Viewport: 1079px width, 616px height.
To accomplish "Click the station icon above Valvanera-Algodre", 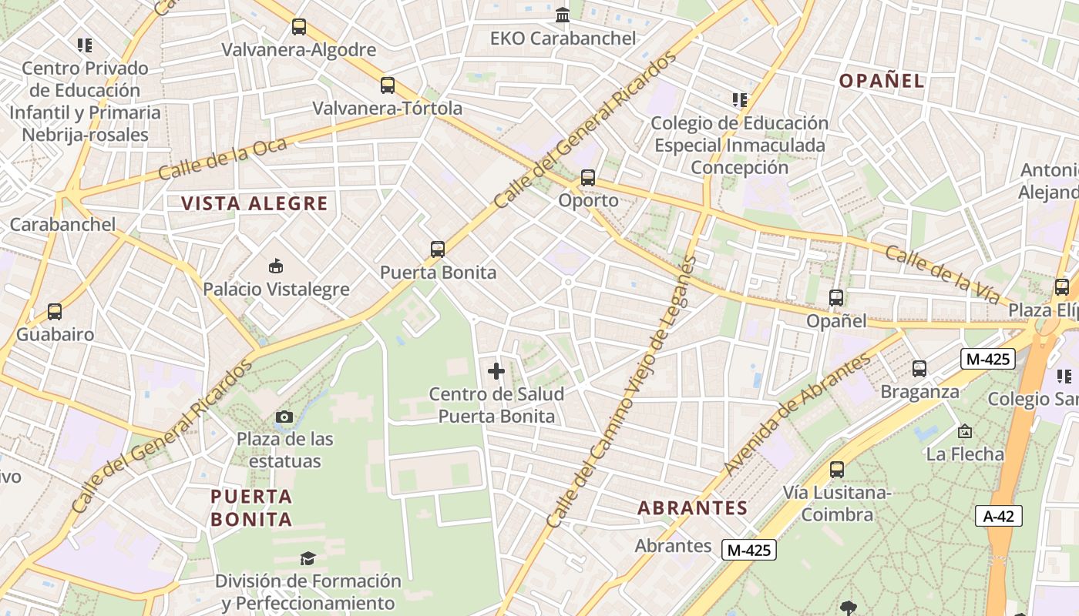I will click(x=298, y=27).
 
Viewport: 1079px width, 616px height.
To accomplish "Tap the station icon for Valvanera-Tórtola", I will click(x=388, y=85).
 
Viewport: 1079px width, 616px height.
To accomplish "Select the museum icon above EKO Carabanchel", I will click(x=563, y=15).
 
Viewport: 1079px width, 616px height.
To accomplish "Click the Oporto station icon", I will click(x=588, y=178).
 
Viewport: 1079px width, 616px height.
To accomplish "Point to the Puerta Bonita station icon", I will click(x=438, y=249).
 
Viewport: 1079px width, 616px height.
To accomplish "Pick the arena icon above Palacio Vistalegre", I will click(x=275, y=266).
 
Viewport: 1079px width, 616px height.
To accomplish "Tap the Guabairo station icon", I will click(x=55, y=312).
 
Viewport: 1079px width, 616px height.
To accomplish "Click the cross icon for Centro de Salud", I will click(x=496, y=372).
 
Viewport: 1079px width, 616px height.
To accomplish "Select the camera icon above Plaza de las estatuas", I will click(x=284, y=417).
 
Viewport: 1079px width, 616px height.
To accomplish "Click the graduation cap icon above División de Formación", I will click(x=308, y=558).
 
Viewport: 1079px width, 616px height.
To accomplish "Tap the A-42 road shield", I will click(x=999, y=516).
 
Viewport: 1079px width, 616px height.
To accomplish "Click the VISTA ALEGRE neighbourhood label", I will click(x=254, y=204).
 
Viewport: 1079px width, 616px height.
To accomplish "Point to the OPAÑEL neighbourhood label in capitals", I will click(x=881, y=81).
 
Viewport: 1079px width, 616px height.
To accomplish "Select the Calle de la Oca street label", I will click(x=222, y=159).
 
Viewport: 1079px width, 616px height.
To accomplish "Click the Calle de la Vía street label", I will click(x=942, y=275).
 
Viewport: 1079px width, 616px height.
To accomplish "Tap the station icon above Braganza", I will click(x=919, y=369).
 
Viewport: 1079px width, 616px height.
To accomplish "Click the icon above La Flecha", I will click(x=964, y=432).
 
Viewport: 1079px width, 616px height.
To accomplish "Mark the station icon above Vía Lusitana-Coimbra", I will click(x=837, y=470).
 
